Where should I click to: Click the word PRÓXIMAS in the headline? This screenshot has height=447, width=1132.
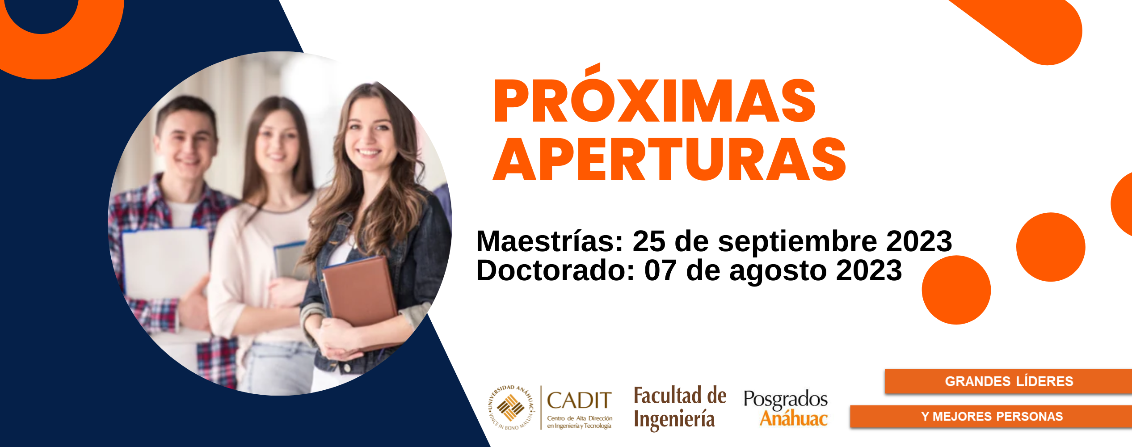click(655, 101)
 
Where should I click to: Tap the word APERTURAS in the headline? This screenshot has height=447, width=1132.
click(669, 160)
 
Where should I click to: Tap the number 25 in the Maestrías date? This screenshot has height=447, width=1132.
click(648, 241)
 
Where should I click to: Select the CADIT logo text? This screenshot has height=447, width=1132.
click(579, 401)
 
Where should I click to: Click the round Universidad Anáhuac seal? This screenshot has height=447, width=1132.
click(511, 408)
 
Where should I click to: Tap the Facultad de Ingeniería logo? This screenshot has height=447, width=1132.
click(680, 408)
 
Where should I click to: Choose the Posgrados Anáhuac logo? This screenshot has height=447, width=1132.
click(785, 408)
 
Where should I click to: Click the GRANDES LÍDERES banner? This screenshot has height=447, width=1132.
click(1008, 381)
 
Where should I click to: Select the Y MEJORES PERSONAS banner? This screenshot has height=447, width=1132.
click(991, 417)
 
